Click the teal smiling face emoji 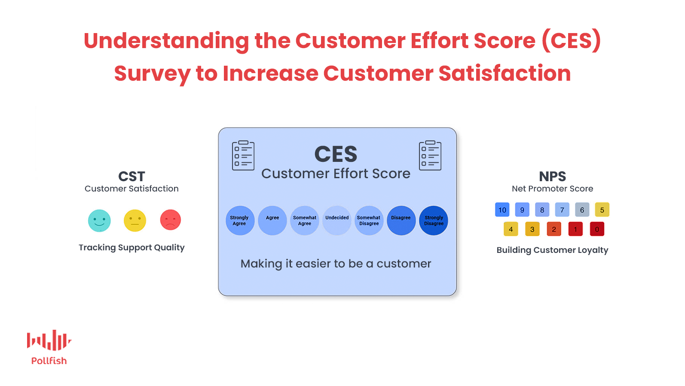[99, 220]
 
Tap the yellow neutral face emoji [135, 220]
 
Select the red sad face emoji [170, 220]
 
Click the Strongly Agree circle [240, 220]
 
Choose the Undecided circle [336, 220]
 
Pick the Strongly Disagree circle [434, 220]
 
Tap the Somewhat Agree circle [305, 220]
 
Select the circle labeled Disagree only [401, 220]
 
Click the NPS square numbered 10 [502, 210]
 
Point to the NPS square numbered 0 [597, 229]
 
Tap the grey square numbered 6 [582, 210]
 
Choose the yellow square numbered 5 [602, 210]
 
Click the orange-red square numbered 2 [554, 229]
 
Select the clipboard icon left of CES [243, 155]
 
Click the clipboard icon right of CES [430, 155]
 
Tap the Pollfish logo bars [49, 340]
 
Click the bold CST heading [131, 176]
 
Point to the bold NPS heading [552, 176]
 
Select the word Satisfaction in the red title [505, 73]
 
